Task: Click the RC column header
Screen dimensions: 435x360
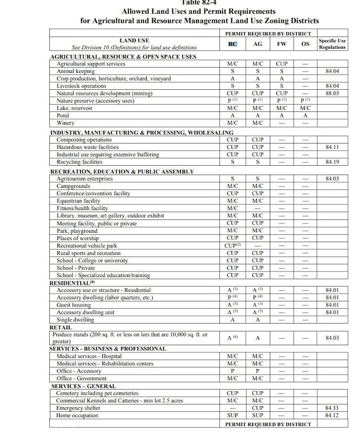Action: coord(233,44)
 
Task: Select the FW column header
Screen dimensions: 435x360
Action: coord(282,44)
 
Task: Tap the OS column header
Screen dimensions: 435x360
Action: coord(305,44)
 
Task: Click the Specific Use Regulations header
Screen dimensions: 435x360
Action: coord(332,44)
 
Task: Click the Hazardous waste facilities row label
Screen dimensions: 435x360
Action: coord(88,147)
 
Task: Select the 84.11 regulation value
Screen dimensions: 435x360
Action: coord(332,147)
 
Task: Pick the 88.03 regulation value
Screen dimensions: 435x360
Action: coord(332,94)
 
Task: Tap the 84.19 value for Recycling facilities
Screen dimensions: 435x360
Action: coord(332,162)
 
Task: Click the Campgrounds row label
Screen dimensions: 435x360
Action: coord(74,186)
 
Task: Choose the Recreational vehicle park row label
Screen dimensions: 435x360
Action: coord(87,245)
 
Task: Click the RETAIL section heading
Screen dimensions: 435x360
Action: coord(61,327)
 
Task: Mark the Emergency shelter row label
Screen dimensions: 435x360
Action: coord(78,408)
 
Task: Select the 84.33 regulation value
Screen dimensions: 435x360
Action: coord(332,408)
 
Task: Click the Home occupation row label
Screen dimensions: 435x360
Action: coord(77,415)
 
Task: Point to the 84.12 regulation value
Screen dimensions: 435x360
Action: coord(332,415)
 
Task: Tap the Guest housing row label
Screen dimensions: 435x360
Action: coord(74,305)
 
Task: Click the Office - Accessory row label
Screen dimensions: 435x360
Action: coord(79,371)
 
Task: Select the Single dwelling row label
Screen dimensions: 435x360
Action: coord(75,320)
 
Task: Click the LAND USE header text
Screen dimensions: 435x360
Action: coord(134,40)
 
